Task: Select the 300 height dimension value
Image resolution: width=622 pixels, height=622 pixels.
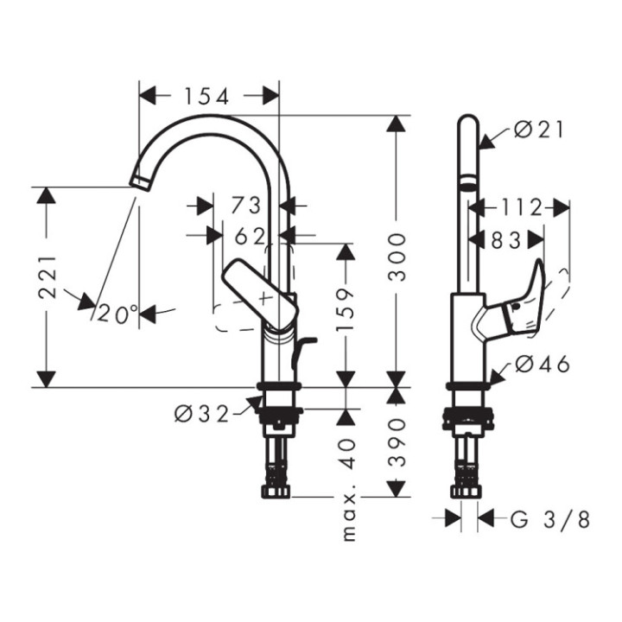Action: tap(397, 256)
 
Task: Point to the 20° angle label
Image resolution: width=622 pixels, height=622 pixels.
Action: tap(117, 314)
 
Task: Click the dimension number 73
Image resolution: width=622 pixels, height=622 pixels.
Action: tap(246, 206)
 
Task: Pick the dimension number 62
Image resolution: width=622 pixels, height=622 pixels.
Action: tap(250, 235)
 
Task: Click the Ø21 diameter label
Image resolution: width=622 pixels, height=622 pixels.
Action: tap(538, 130)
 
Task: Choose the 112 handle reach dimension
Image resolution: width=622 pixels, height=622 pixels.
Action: tap(519, 207)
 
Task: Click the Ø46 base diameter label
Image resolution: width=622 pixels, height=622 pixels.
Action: tap(543, 365)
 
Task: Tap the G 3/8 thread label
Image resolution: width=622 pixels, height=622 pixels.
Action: tap(550, 519)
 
